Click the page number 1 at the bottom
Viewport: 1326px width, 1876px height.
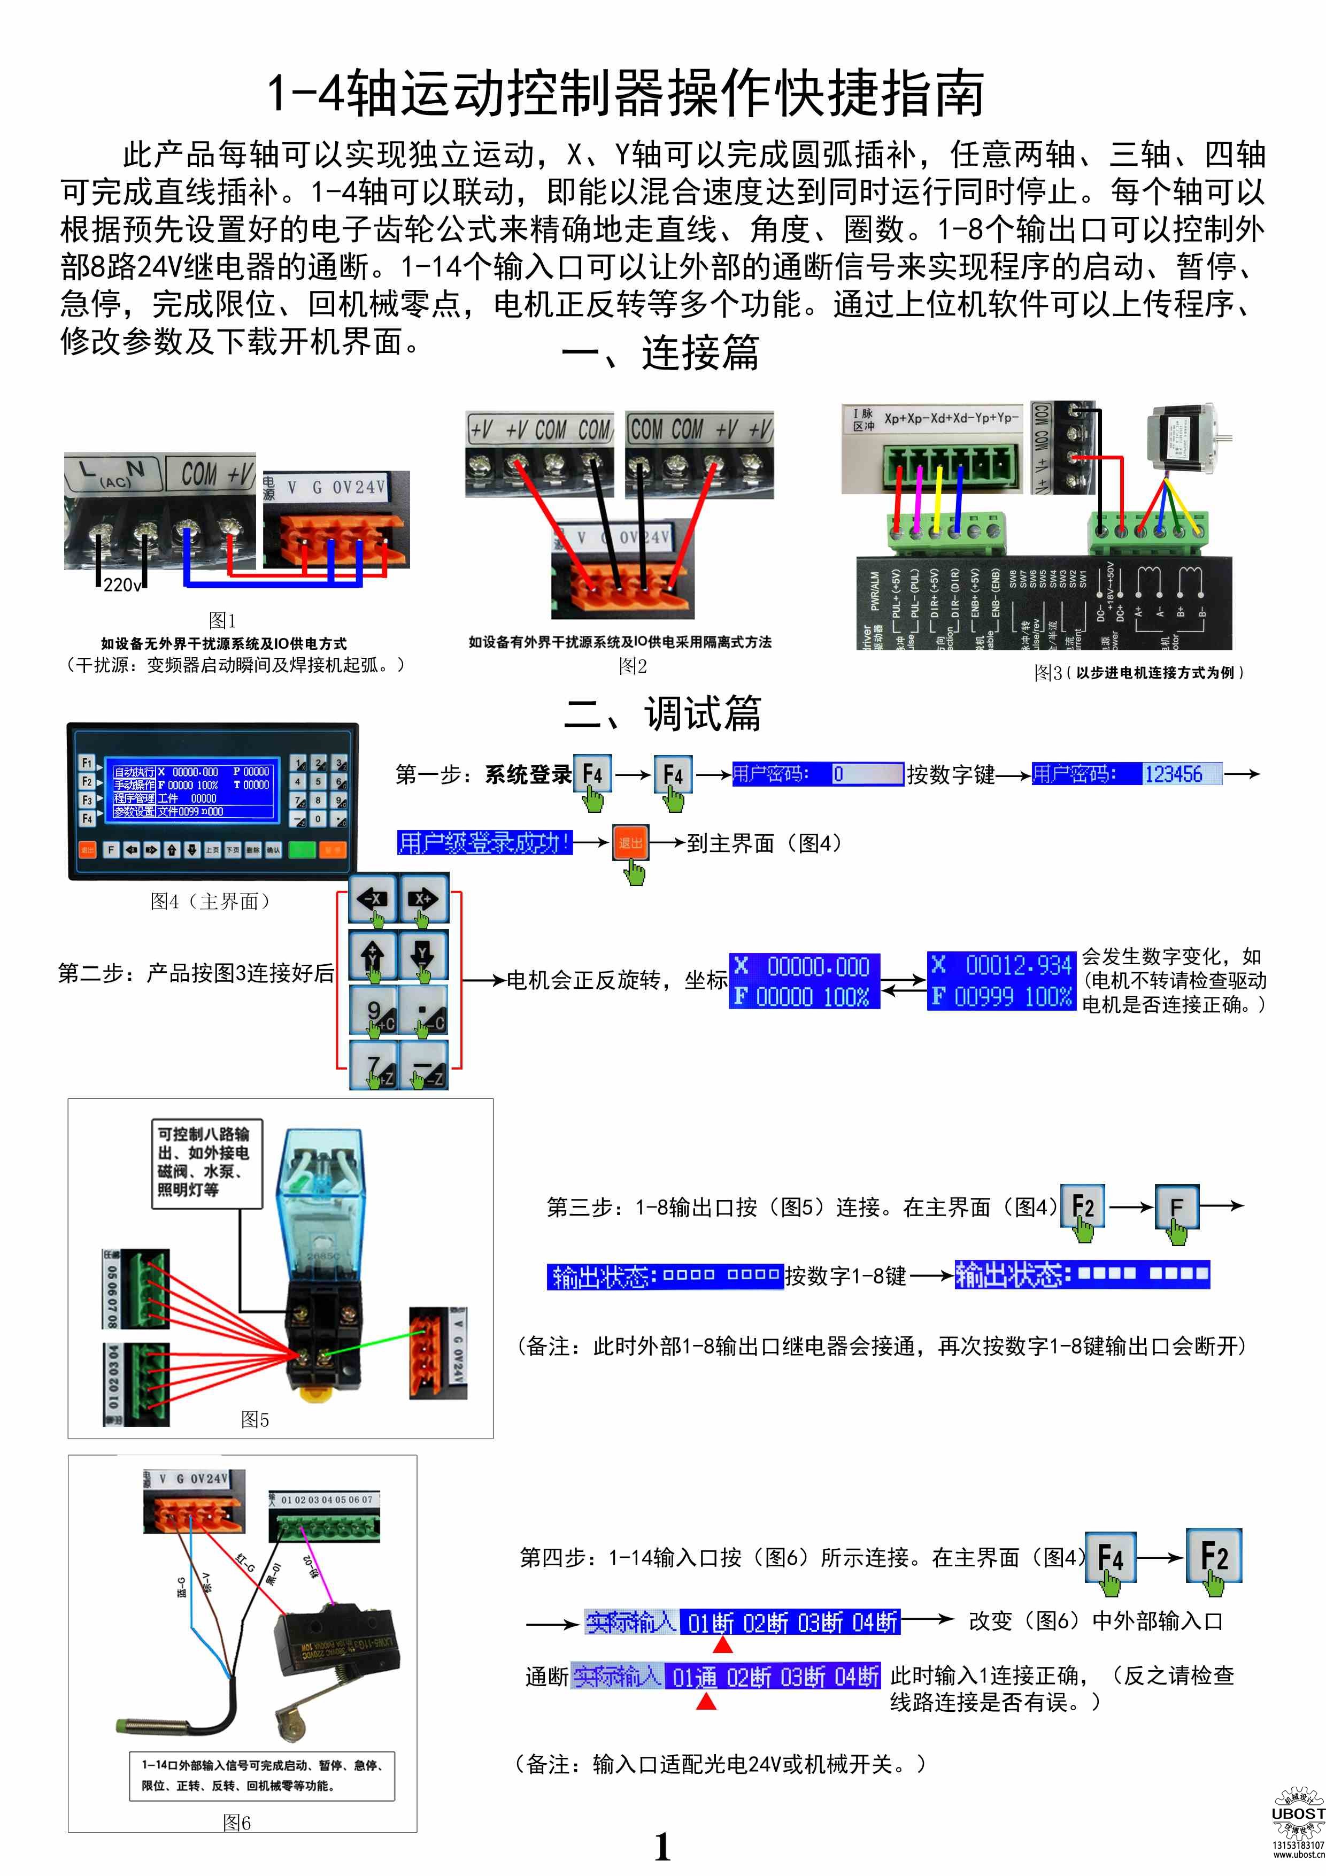pos(662,1848)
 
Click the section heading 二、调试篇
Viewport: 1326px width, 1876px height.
pos(662,713)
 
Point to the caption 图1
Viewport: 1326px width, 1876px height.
pos(222,620)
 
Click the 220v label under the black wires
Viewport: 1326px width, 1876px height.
pos(122,585)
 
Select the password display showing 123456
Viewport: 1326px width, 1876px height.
pos(1128,774)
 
